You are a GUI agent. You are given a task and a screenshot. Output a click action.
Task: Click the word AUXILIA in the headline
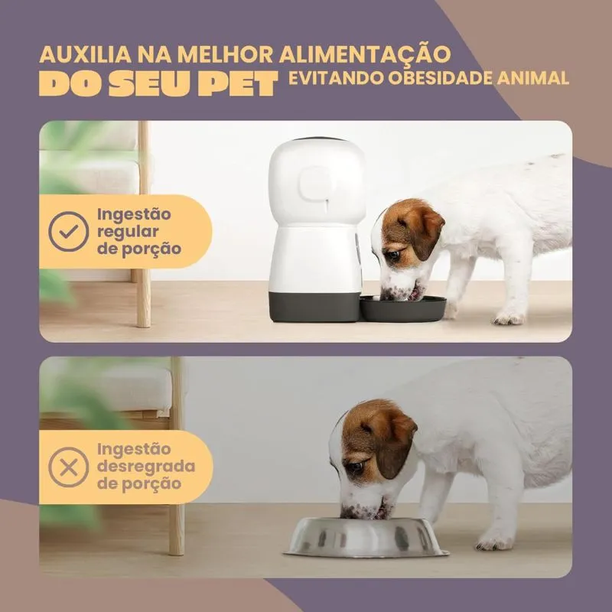[86, 54]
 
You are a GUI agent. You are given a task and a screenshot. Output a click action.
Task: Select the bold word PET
[238, 84]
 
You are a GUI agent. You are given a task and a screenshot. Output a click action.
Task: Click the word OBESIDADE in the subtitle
[441, 78]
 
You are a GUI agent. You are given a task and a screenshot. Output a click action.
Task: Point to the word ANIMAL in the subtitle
[532, 78]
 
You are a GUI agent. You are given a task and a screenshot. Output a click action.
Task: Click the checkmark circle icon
[69, 232]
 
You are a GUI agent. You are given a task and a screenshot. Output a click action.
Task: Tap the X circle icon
[69, 467]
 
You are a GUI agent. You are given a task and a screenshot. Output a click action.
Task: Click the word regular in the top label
[128, 233]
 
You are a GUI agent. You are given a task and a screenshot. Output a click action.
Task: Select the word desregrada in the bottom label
[146, 466]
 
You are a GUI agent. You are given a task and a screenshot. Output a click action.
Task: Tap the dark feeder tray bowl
[403, 308]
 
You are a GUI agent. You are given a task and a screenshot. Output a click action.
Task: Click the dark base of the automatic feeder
[315, 308]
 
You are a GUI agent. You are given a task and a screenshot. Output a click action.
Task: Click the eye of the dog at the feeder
[392, 256]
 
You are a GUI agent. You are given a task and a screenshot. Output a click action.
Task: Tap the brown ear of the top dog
[428, 233]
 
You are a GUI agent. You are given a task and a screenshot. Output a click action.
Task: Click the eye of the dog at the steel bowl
[354, 466]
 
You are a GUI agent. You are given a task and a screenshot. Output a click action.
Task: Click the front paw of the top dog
[508, 318]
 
